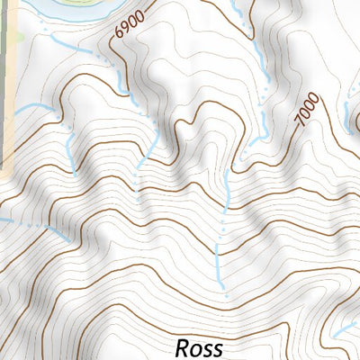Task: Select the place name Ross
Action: click(198, 347)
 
